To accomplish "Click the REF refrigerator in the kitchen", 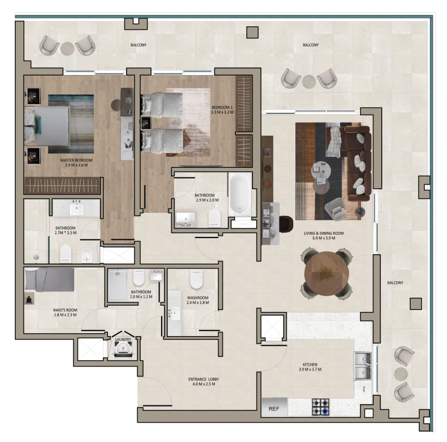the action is click(274, 407).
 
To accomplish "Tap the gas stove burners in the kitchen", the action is click(321, 407).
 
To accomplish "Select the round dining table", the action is click(326, 274).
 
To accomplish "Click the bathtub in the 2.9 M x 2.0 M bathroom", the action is click(240, 194).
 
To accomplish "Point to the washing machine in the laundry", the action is click(123, 349).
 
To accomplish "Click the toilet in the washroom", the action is click(196, 279).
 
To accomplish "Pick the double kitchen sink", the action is click(362, 366).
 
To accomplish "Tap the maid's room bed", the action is click(49, 279).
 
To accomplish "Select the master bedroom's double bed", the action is click(47, 125).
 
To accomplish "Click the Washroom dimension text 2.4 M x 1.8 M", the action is click(198, 303).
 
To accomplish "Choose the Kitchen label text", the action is click(310, 364).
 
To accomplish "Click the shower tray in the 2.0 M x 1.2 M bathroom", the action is click(117, 285).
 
